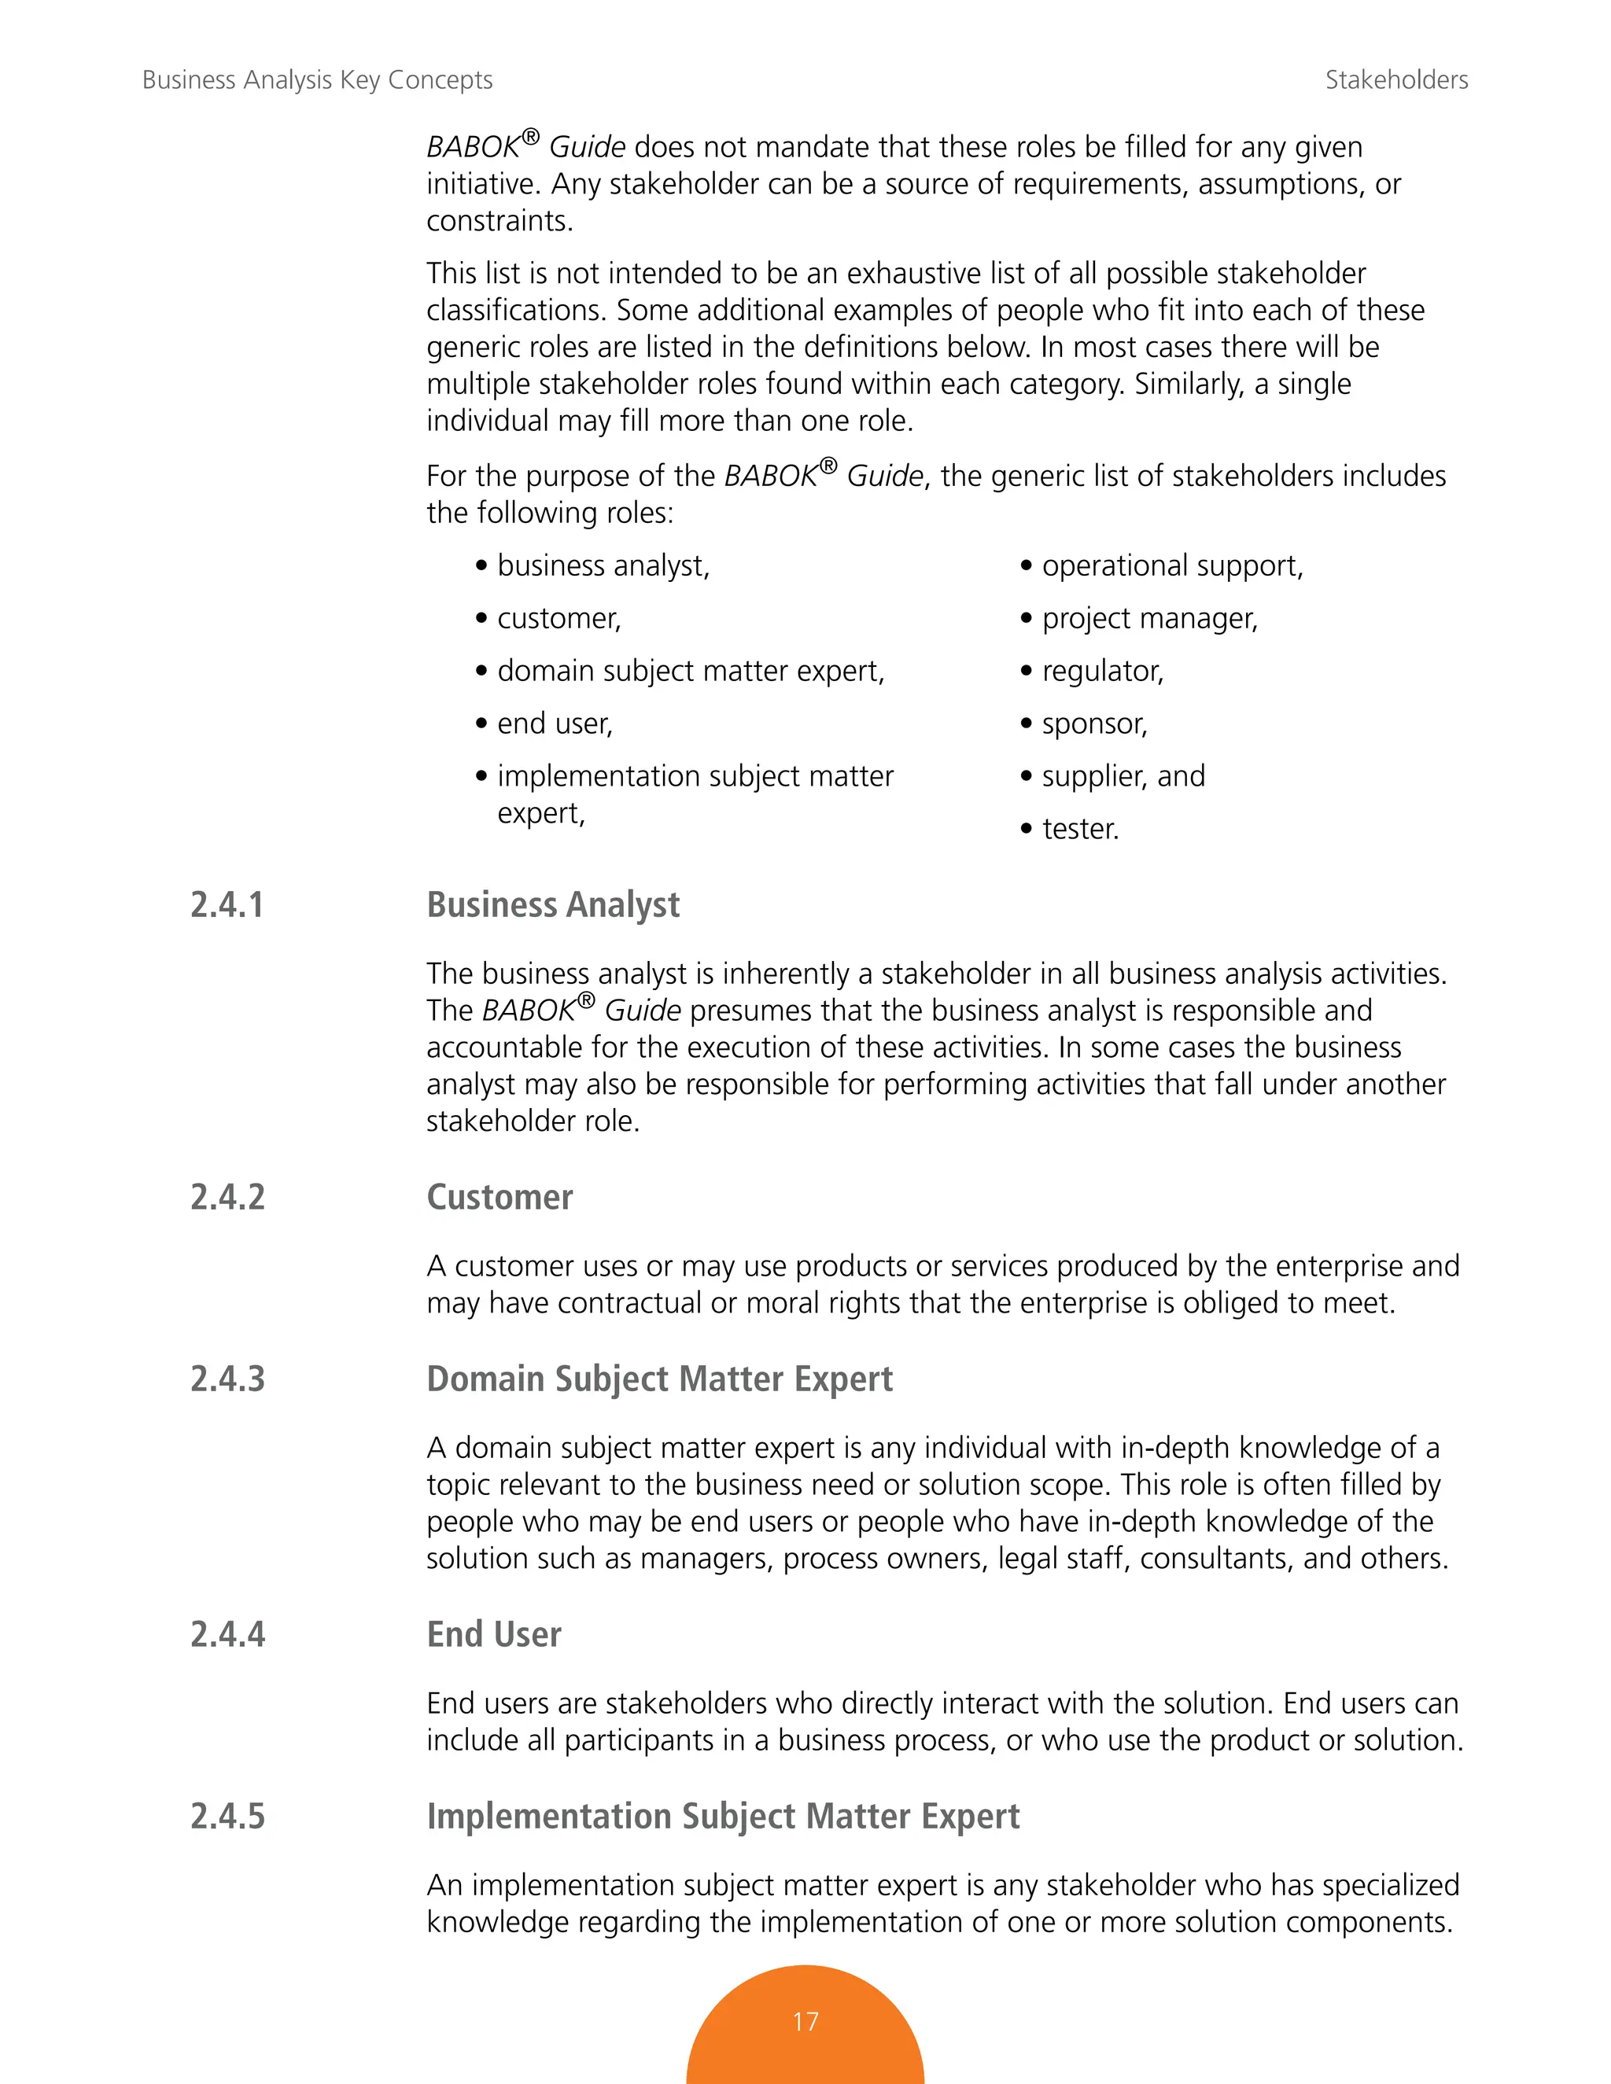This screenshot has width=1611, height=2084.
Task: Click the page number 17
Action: [805, 2021]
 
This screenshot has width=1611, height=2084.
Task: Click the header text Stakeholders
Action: [1395, 80]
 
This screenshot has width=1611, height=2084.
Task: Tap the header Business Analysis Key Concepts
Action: [317, 80]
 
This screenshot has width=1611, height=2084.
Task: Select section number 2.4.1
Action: [227, 904]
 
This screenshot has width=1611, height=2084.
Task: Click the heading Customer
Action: [500, 1198]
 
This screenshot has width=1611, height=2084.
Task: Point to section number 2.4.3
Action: [227, 1379]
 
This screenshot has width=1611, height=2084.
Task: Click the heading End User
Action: [493, 1635]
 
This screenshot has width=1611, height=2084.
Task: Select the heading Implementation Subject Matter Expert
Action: [722, 1816]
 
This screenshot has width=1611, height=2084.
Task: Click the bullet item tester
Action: [1079, 829]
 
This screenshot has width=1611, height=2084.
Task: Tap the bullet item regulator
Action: [1102, 672]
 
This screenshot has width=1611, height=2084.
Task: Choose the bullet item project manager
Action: [1149, 619]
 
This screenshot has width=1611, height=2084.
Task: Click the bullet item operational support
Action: [1171, 566]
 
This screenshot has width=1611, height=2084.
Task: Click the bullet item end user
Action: [555, 724]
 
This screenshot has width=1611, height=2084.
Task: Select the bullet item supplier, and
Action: [1123, 777]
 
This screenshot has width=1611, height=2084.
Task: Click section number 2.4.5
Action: [227, 1816]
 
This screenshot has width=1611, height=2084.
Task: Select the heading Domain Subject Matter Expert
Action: [658, 1379]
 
